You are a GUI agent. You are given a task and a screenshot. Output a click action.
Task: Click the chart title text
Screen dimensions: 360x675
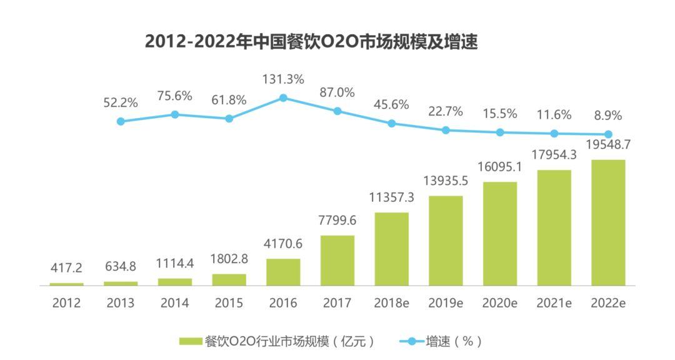[x=311, y=42]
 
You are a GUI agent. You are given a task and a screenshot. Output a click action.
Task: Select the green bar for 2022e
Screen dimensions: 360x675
[x=608, y=222]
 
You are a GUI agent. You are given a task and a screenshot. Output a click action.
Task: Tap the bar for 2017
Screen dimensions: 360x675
[x=337, y=260]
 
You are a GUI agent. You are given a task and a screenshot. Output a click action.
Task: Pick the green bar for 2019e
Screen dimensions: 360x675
[x=446, y=241]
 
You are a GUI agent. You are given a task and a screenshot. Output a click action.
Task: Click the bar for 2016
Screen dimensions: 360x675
[x=283, y=272]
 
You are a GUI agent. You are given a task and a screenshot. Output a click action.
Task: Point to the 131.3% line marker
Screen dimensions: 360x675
[x=283, y=97]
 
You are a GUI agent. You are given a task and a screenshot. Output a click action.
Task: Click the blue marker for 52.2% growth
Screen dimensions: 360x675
[x=121, y=121]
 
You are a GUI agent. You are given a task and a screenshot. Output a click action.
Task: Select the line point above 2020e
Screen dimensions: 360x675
[x=500, y=132]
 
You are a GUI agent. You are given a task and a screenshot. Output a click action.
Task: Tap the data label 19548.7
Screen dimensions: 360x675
[x=608, y=144]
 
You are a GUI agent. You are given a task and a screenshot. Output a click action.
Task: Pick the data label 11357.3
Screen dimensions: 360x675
[x=392, y=197]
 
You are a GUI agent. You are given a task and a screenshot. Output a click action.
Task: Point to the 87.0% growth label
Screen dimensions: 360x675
[x=337, y=92]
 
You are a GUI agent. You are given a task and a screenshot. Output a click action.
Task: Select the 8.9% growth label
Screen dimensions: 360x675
[x=608, y=116]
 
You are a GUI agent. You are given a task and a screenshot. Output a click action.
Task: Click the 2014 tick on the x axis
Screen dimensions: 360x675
[x=175, y=303]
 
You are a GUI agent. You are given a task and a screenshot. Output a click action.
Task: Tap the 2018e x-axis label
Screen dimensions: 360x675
[x=392, y=303]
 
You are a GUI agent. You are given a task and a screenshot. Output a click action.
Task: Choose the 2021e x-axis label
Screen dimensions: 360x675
[x=554, y=303]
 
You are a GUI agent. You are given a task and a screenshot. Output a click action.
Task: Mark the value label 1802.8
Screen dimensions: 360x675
[x=229, y=259]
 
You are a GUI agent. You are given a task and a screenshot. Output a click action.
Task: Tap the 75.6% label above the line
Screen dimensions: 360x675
[x=175, y=96]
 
